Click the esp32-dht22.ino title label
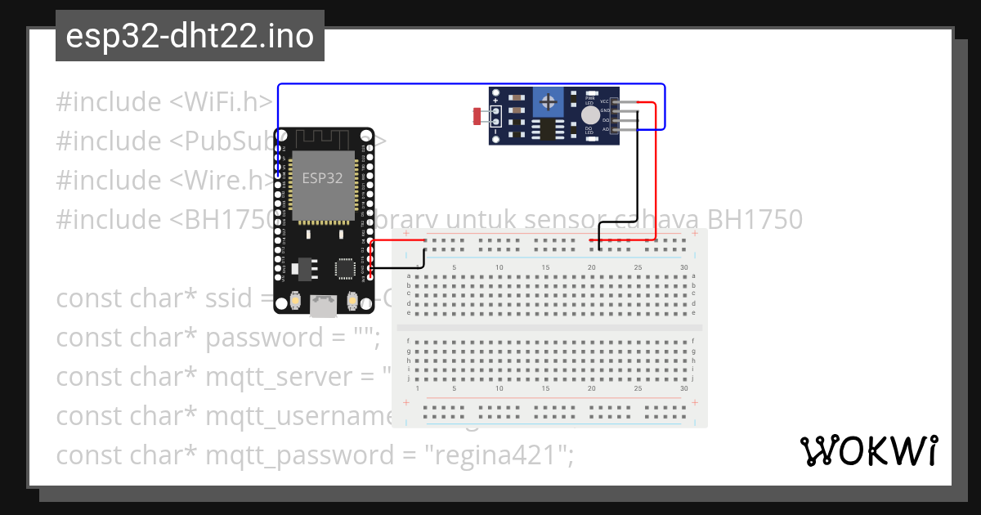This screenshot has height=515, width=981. tap(190, 36)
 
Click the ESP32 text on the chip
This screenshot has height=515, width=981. tap(323, 178)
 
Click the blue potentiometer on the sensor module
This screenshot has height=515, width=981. tap(549, 104)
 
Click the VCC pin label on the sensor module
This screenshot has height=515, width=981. tap(605, 101)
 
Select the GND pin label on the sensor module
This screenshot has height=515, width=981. tap(605, 110)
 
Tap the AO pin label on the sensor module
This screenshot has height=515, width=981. tap(605, 129)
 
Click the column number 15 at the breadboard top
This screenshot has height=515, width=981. tap(545, 268)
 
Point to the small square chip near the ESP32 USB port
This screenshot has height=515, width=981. tap(345, 268)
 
